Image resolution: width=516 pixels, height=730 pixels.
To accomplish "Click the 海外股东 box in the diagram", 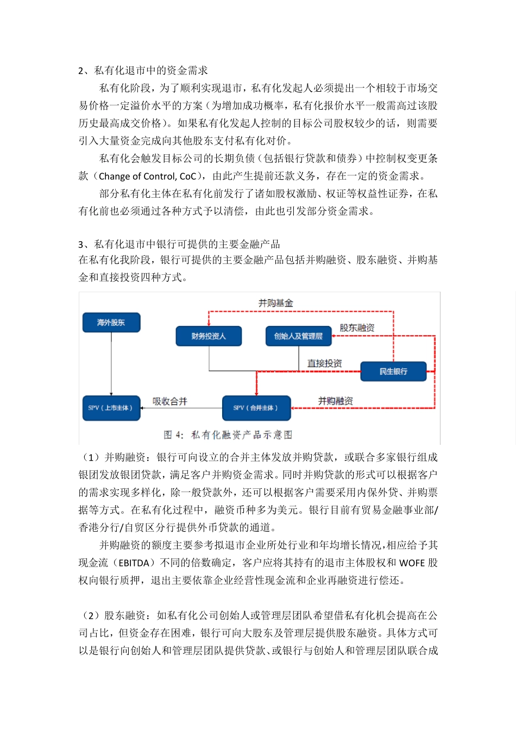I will click(111, 323).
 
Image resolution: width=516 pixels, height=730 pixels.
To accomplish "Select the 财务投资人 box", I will click(209, 336).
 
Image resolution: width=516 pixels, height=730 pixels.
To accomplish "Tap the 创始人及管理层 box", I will click(298, 336).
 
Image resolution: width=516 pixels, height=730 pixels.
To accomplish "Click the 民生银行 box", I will click(393, 372).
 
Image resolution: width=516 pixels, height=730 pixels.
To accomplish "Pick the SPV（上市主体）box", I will click(111, 408).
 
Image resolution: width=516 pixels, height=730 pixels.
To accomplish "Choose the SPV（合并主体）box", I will click(256, 408).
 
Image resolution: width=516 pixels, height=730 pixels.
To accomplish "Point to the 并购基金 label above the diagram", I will click(275, 303).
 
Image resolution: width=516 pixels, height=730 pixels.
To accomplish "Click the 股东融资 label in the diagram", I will click(357, 328).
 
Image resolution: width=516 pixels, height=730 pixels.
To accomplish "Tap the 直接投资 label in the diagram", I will click(324, 363).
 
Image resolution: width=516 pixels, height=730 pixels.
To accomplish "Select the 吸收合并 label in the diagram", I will click(169, 401).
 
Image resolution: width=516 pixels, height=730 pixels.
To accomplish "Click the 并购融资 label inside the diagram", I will click(335, 401).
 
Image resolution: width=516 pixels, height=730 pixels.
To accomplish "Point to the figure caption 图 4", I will click(228, 435).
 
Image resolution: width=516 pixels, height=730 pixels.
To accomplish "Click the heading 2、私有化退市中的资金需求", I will click(143, 71).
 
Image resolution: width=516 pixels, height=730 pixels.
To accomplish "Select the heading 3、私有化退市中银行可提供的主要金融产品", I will click(179, 244).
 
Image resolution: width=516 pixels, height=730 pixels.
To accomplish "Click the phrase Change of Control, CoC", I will click(147, 176).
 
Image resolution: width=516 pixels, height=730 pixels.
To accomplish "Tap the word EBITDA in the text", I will click(134, 563).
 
